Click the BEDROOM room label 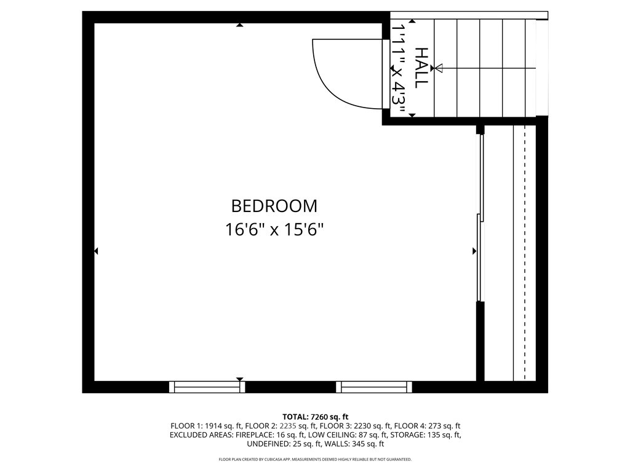[x=274, y=205]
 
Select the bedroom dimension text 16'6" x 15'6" [x=274, y=230]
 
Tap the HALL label [x=421, y=68]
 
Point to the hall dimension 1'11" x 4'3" [x=399, y=69]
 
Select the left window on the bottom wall [x=207, y=387]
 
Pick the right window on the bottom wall [x=374, y=387]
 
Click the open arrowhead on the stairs [x=439, y=68]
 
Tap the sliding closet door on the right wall [x=480, y=218]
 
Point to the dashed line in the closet [x=524, y=252]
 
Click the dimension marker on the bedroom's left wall [x=97, y=251]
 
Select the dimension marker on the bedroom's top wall [x=239, y=25]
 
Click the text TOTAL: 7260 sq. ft [x=315, y=417]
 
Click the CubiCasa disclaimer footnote [x=315, y=460]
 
